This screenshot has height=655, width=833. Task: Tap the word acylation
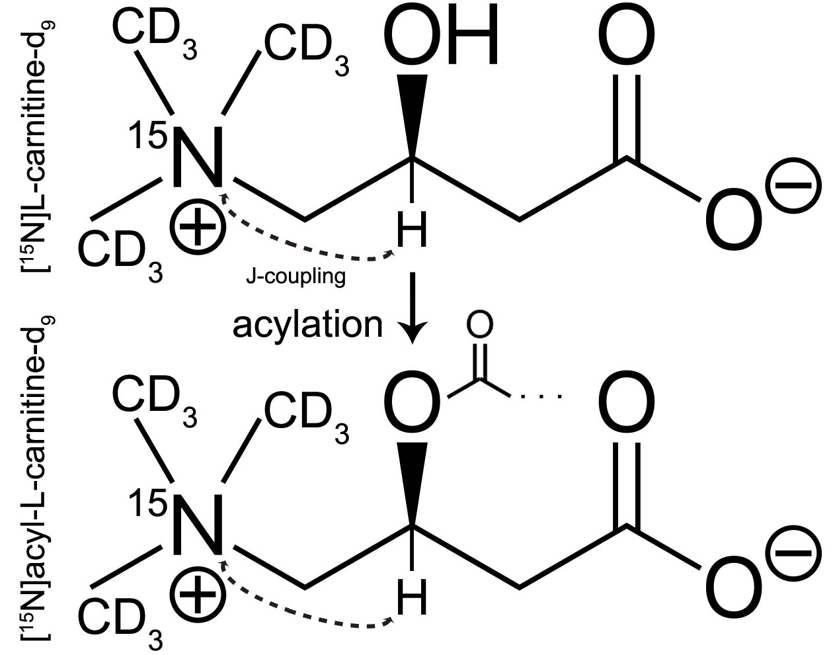click(x=307, y=324)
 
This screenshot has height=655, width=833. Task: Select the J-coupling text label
click(x=296, y=276)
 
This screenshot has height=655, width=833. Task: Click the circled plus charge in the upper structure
click(x=197, y=226)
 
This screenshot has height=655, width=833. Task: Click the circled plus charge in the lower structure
click(x=197, y=593)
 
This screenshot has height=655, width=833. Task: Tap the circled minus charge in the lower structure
click(x=791, y=552)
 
